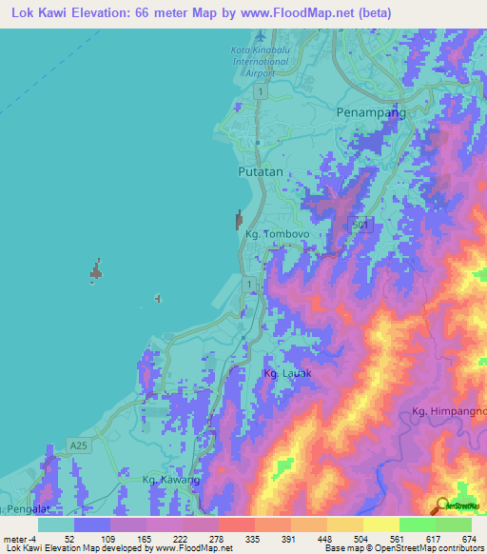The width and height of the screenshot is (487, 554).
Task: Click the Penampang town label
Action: (371, 112)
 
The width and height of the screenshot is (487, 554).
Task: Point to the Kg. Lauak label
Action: (287, 373)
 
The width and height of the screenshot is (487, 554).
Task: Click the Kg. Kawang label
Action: (171, 480)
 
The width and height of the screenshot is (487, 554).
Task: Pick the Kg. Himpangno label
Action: (449, 410)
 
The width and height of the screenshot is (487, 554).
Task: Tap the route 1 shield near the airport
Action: (260, 89)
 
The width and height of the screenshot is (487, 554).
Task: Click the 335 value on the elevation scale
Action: (253, 539)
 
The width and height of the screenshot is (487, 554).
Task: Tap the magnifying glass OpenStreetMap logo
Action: (443, 505)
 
